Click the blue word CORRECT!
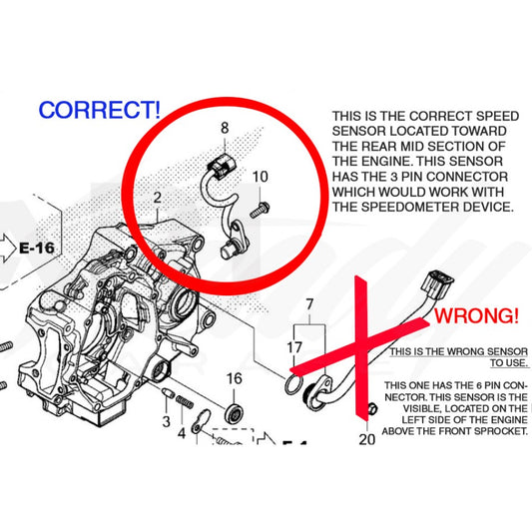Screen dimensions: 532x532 click(99, 110)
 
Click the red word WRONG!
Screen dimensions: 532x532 click(476, 315)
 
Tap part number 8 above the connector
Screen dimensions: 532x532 click(225, 128)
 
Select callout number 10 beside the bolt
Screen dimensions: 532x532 click(261, 177)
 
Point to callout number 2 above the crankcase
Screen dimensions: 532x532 click(157, 198)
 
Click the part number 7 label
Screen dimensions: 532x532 click(309, 304)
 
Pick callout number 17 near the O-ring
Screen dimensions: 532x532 click(294, 347)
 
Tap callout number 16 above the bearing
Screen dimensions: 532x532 click(235, 378)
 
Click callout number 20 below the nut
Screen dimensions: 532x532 click(367, 439)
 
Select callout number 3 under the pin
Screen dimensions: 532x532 click(166, 421)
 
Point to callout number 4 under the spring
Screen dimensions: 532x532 click(182, 433)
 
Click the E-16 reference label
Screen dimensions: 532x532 click(37, 248)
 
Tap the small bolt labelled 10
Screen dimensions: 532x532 click(260, 210)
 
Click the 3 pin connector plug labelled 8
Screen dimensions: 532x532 click(221, 165)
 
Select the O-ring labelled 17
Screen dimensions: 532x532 click(293, 384)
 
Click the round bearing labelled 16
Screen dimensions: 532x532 click(234, 413)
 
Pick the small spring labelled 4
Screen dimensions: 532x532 click(185, 401)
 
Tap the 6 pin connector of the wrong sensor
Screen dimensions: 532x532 click(437, 284)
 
